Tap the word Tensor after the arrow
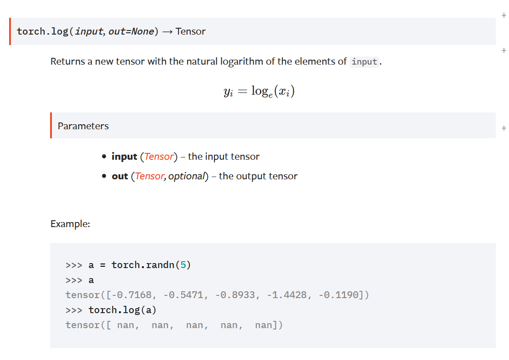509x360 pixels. [190, 31]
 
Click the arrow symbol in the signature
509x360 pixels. [167, 31]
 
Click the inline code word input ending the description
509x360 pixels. [364, 62]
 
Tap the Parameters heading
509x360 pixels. [83, 126]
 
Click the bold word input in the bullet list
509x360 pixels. [124, 157]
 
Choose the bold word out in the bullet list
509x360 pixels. [120, 176]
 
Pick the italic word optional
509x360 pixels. [187, 176]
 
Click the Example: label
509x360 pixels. [70, 224]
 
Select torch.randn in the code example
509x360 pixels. [143, 265]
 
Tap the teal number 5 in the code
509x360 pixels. [183, 265]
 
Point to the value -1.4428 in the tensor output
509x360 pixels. [287, 295]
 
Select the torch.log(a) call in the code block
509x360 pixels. [122, 310]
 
